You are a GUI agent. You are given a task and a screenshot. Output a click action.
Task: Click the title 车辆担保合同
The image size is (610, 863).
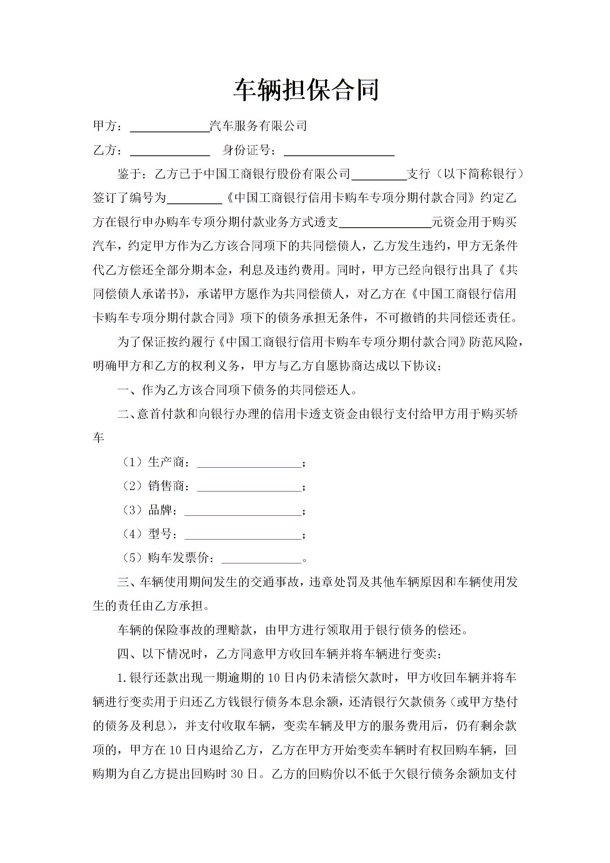(306, 90)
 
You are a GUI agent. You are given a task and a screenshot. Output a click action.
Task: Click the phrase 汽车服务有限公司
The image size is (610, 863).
(258, 126)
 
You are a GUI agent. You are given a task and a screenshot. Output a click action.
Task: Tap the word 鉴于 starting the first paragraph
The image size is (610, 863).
(129, 174)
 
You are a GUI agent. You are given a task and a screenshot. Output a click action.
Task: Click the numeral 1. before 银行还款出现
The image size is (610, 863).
(122, 678)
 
